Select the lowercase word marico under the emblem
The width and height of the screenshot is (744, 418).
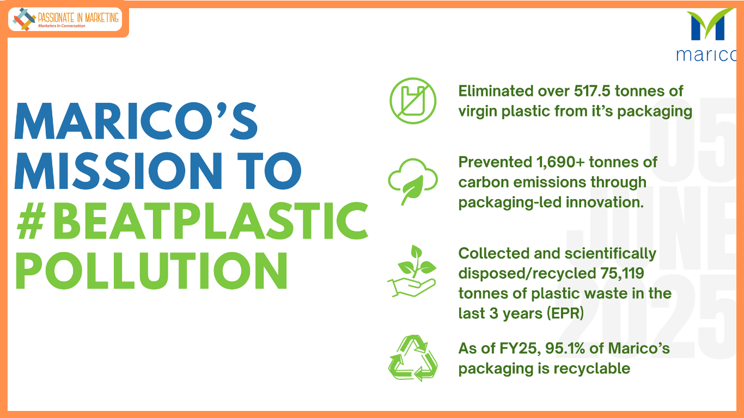(706, 55)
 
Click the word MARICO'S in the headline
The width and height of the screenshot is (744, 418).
(136, 121)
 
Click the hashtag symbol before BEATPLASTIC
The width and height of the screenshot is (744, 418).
(31, 220)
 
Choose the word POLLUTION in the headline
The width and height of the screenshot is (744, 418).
(151, 271)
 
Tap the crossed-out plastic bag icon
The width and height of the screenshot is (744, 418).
(413, 101)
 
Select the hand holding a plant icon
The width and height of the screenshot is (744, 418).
(412, 271)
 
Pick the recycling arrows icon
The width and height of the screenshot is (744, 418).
(413, 358)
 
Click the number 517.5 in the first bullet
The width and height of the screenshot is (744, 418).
(592, 91)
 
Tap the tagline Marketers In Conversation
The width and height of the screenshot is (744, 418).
(62, 26)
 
